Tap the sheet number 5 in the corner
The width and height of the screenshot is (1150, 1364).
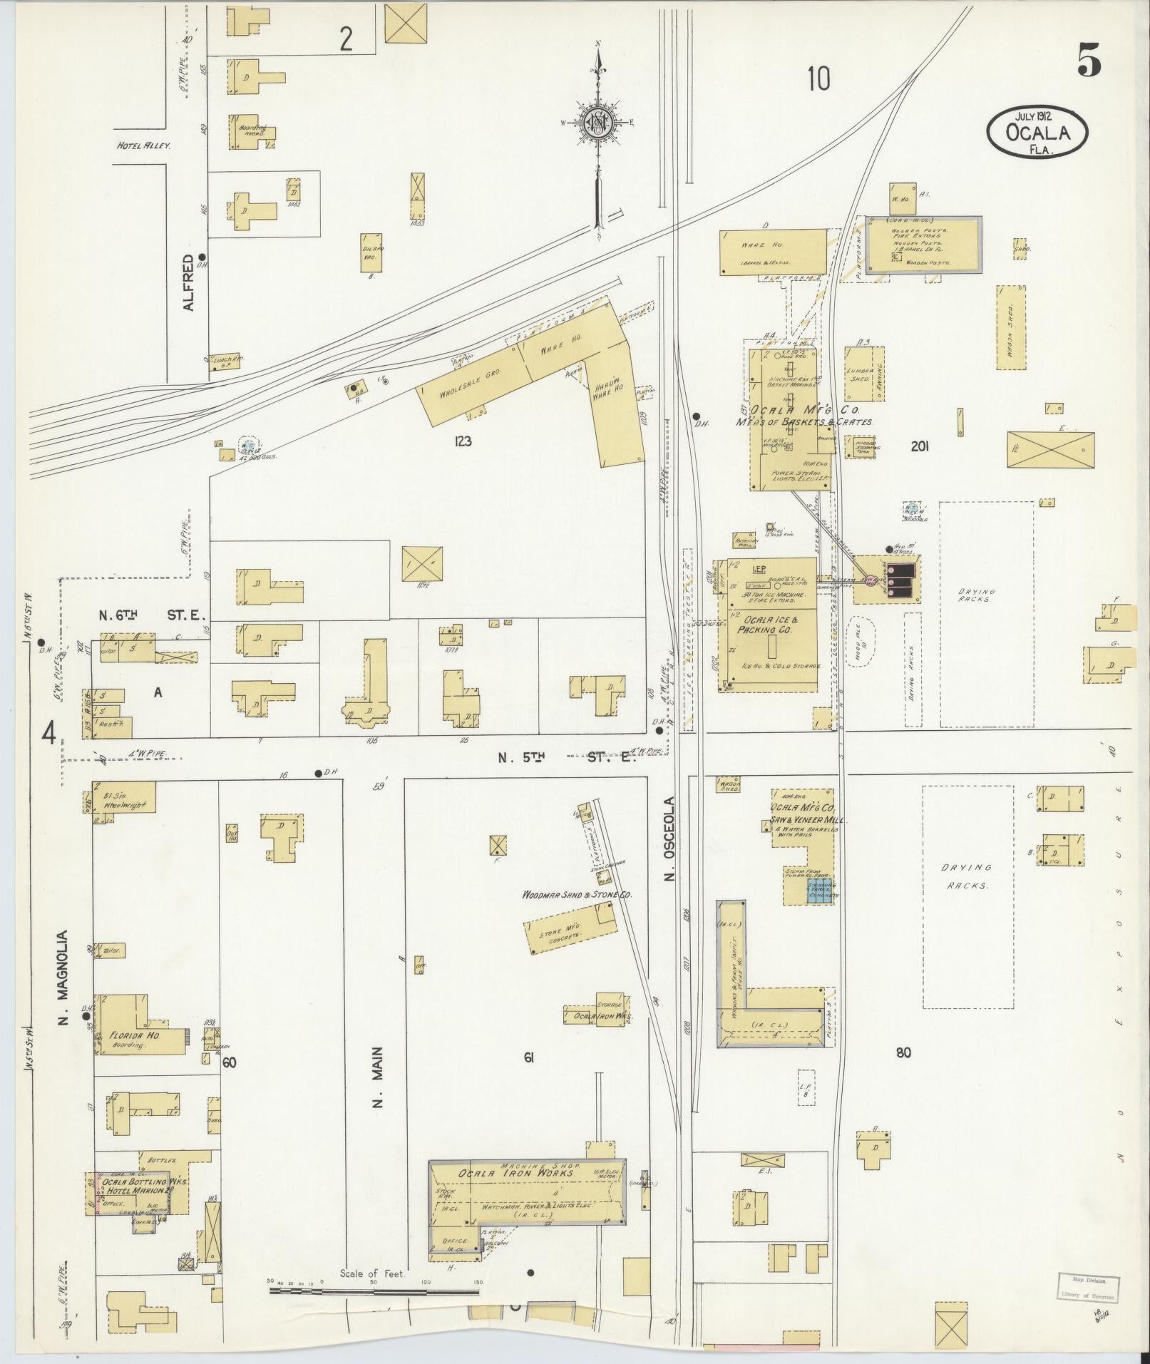point(1089,60)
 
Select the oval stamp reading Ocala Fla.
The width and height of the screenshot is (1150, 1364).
point(1037,131)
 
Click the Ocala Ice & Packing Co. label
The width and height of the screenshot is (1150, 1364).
point(767,625)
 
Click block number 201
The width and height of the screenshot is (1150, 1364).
point(920,446)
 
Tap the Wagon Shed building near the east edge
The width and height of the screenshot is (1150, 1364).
point(1011,327)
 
